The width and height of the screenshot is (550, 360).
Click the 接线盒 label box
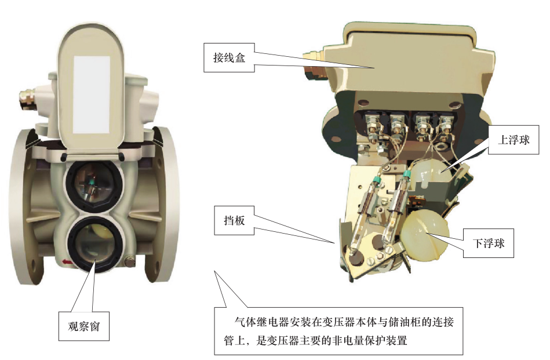(229, 57)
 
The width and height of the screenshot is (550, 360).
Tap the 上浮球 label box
(513, 140)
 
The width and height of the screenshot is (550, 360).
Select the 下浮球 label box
(488, 243)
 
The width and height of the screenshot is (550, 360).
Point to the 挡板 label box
(234, 220)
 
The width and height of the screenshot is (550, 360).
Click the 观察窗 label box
(84, 326)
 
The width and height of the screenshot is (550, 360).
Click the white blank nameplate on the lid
(91, 94)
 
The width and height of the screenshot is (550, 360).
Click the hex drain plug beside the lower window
(129, 262)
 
